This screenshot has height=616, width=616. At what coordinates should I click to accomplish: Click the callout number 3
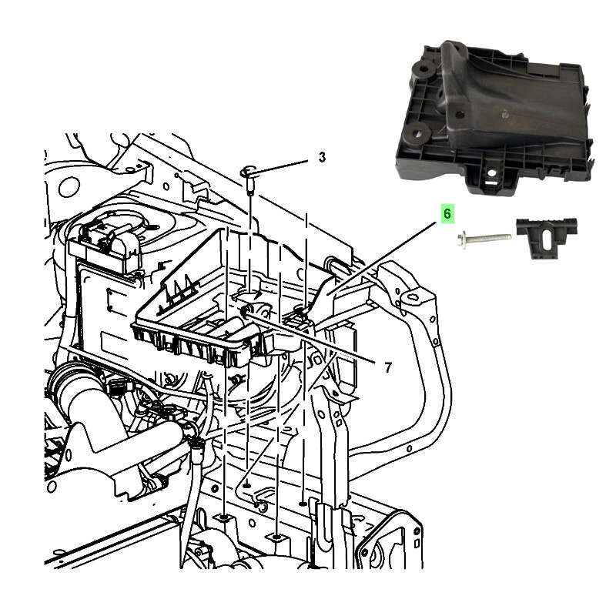pyautogui.click(x=322, y=157)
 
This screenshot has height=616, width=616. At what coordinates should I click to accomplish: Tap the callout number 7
pyautogui.click(x=387, y=367)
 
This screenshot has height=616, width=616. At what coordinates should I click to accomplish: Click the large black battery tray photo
pyautogui.click(x=493, y=115)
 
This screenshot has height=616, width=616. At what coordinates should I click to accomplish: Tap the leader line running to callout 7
pyautogui.click(x=323, y=336)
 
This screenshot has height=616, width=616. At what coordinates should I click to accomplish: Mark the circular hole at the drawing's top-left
pyautogui.click(x=69, y=186)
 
